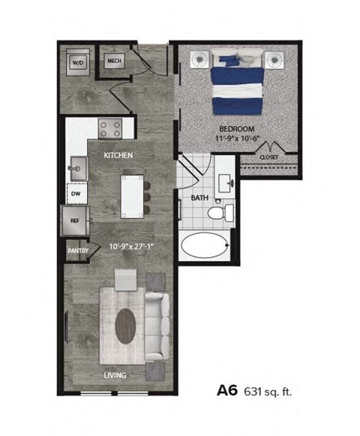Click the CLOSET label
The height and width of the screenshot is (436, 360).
click(x=268, y=157)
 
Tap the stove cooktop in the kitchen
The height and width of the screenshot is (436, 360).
click(x=112, y=128)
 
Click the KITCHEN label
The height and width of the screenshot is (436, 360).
click(x=118, y=155)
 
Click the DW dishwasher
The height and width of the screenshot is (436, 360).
click(x=76, y=193)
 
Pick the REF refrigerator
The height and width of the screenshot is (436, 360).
click(x=75, y=221)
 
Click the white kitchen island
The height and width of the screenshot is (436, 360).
click(x=133, y=196)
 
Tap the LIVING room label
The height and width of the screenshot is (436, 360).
click(x=115, y=375)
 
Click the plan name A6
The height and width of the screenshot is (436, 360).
click(x=228, y=390)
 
